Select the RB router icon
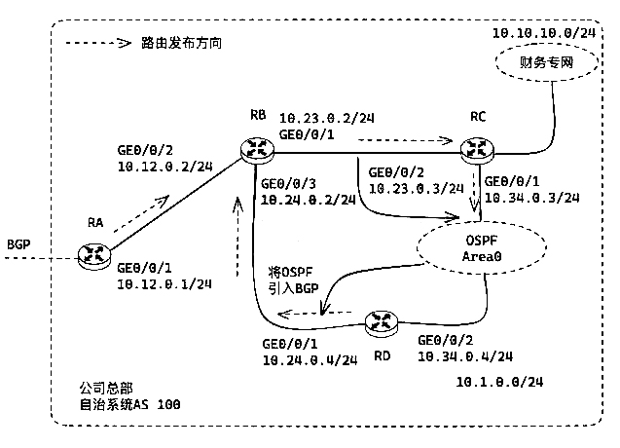click(x=258, y=148)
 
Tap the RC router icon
click(x=477, y=148)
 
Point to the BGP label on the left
click(x=20, y=243)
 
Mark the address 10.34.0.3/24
click(x=531, y=198)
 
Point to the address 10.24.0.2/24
click(x=306, y=200)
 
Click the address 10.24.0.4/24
click(x=307, y=360)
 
